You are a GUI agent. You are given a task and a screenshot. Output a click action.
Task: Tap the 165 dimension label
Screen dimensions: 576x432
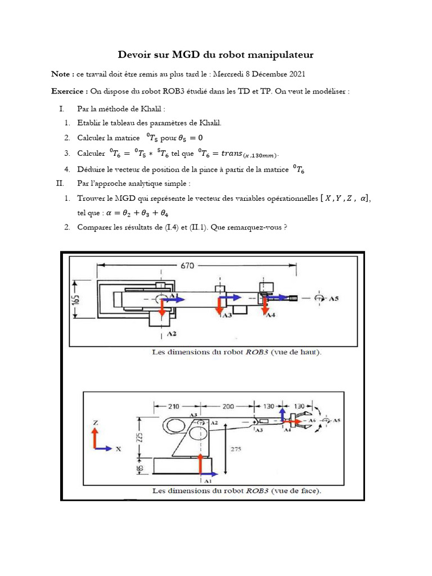tap(78, 301)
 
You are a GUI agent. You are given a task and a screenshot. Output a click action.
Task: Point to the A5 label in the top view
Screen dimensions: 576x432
tap(333, 298)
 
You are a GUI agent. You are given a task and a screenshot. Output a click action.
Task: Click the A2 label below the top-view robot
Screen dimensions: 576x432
tap(172, 334)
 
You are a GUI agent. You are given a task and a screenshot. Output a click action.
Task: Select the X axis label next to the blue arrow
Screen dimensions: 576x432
tap(118, 449)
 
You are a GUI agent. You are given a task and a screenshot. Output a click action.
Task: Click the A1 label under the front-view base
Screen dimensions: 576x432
tap(207, 481)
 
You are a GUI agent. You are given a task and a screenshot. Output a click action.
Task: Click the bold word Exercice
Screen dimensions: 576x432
tap(69, 91)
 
